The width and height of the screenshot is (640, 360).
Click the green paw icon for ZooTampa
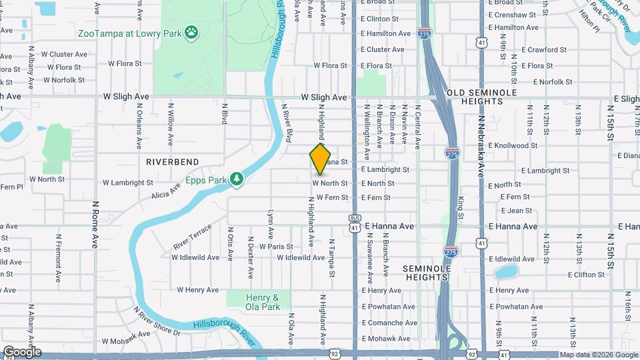[x=192, y=31]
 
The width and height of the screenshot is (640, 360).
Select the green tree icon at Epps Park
[x=236, y=179]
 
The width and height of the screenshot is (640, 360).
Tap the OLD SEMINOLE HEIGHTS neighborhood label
[x=474, y=97]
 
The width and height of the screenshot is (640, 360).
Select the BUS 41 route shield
[x=355, y=223]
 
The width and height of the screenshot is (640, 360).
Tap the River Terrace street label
[x=192, y=237]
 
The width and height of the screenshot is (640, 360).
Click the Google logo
[x=21, y=352]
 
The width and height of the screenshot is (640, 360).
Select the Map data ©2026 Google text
[x=599, y=355]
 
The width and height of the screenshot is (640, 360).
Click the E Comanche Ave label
[x=389, y=322]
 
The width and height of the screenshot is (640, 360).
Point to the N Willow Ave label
[x=171, y=123]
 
